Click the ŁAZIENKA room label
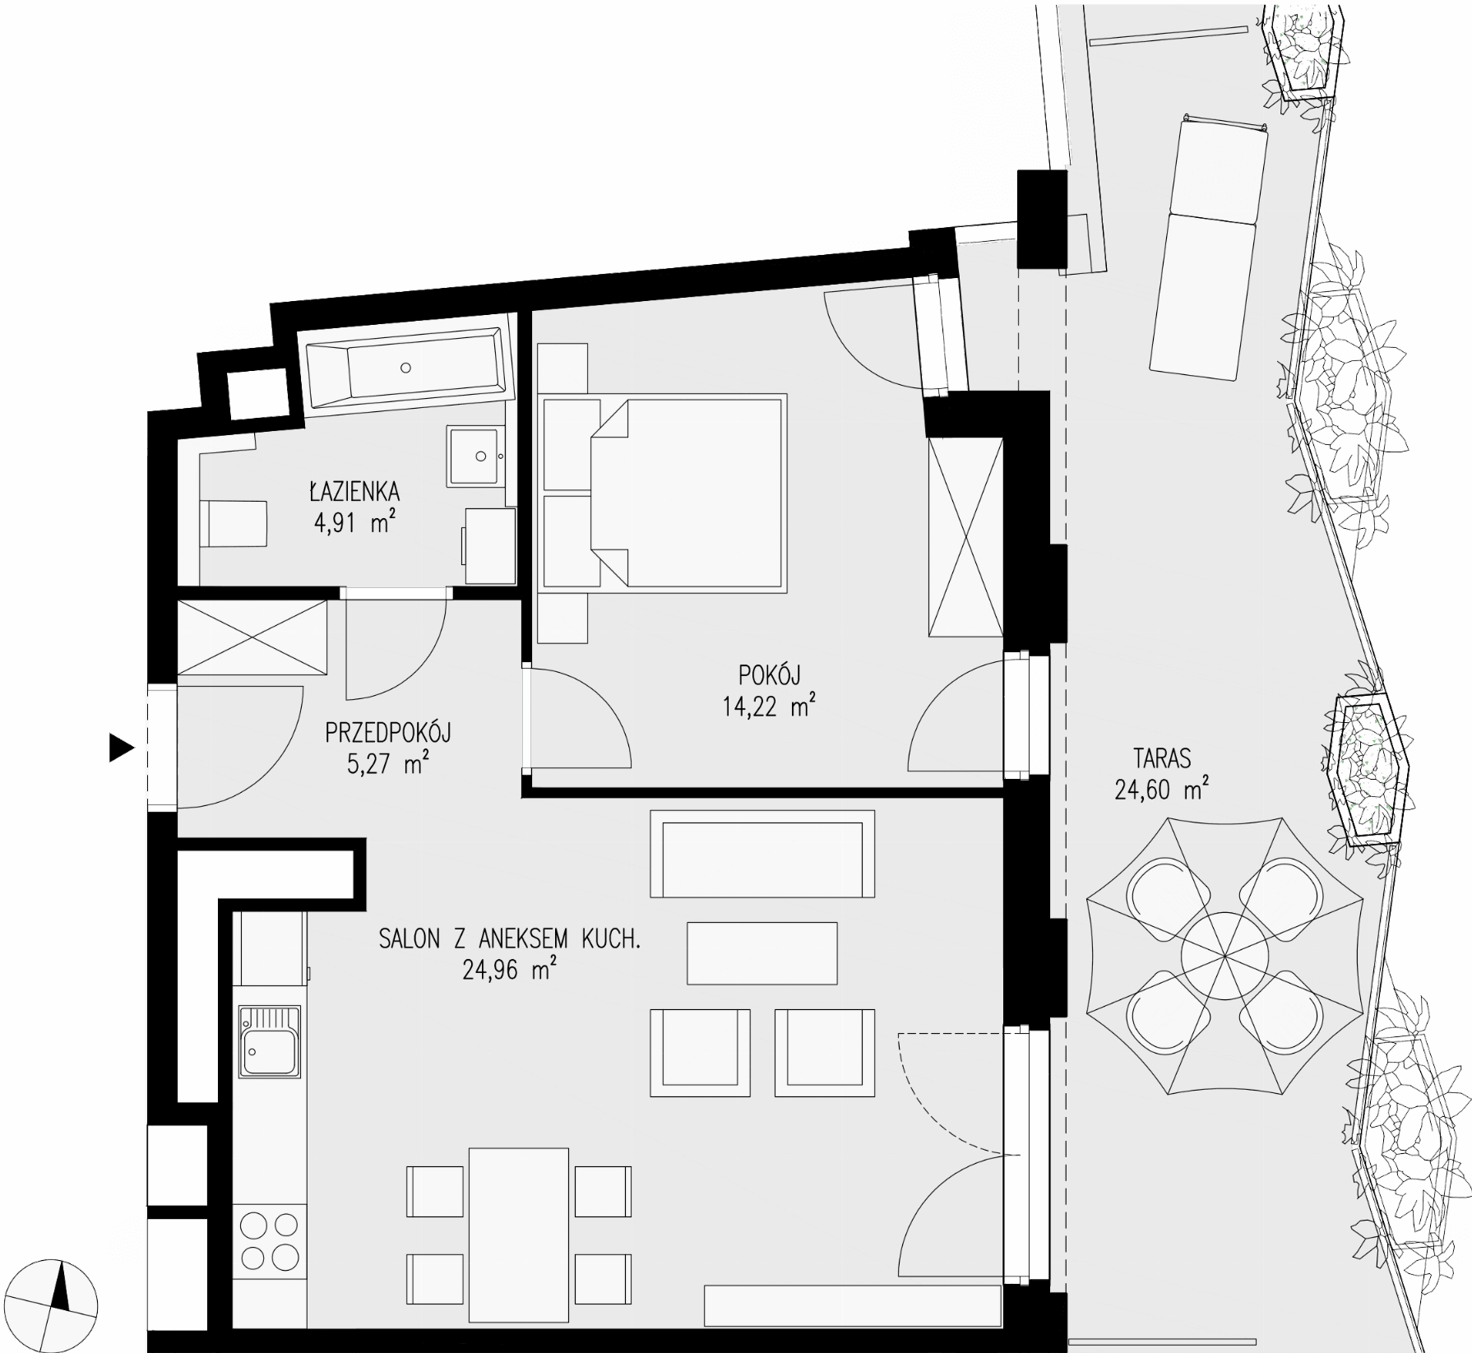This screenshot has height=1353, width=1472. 354,492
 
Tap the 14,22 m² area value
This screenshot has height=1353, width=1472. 769,706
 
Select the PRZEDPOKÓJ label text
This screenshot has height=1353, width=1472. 388,732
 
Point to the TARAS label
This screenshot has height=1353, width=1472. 1161,757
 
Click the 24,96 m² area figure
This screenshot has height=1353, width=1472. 509,970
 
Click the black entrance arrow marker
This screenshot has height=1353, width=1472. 122,748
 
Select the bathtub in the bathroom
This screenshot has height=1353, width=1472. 405,368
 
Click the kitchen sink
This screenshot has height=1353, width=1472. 270,1041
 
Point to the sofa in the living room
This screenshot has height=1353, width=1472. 762,854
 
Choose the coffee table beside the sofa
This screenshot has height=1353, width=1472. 762,953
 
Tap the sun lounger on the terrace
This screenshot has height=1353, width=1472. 1207,249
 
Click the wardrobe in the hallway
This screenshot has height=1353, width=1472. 252,637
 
